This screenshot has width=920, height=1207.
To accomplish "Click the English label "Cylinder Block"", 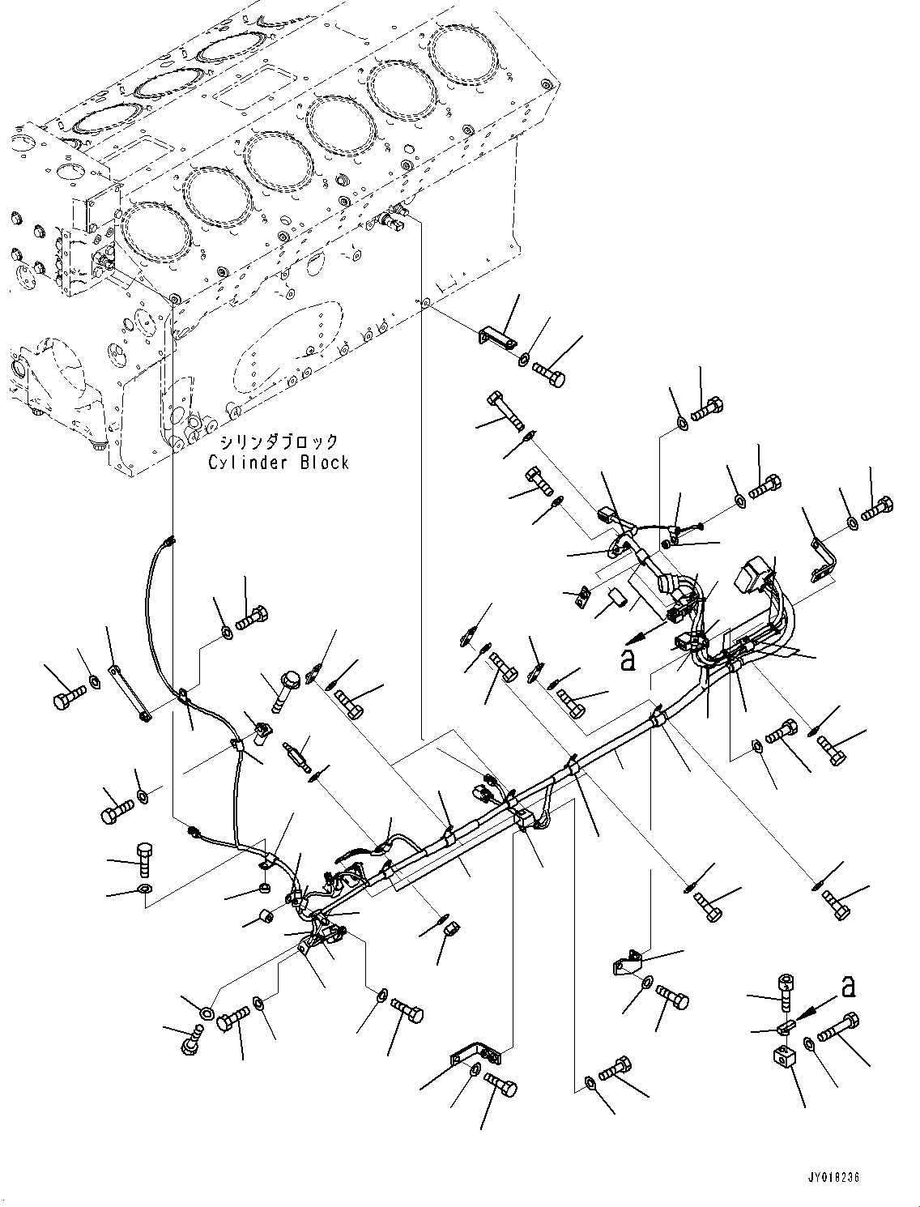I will pyautogui.click(x=279, y=463).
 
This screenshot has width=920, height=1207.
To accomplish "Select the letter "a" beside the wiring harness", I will pyautogui.click(x=626, y=661).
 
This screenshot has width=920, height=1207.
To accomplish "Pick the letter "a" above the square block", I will pyautogui.click(x=847, y=987).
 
